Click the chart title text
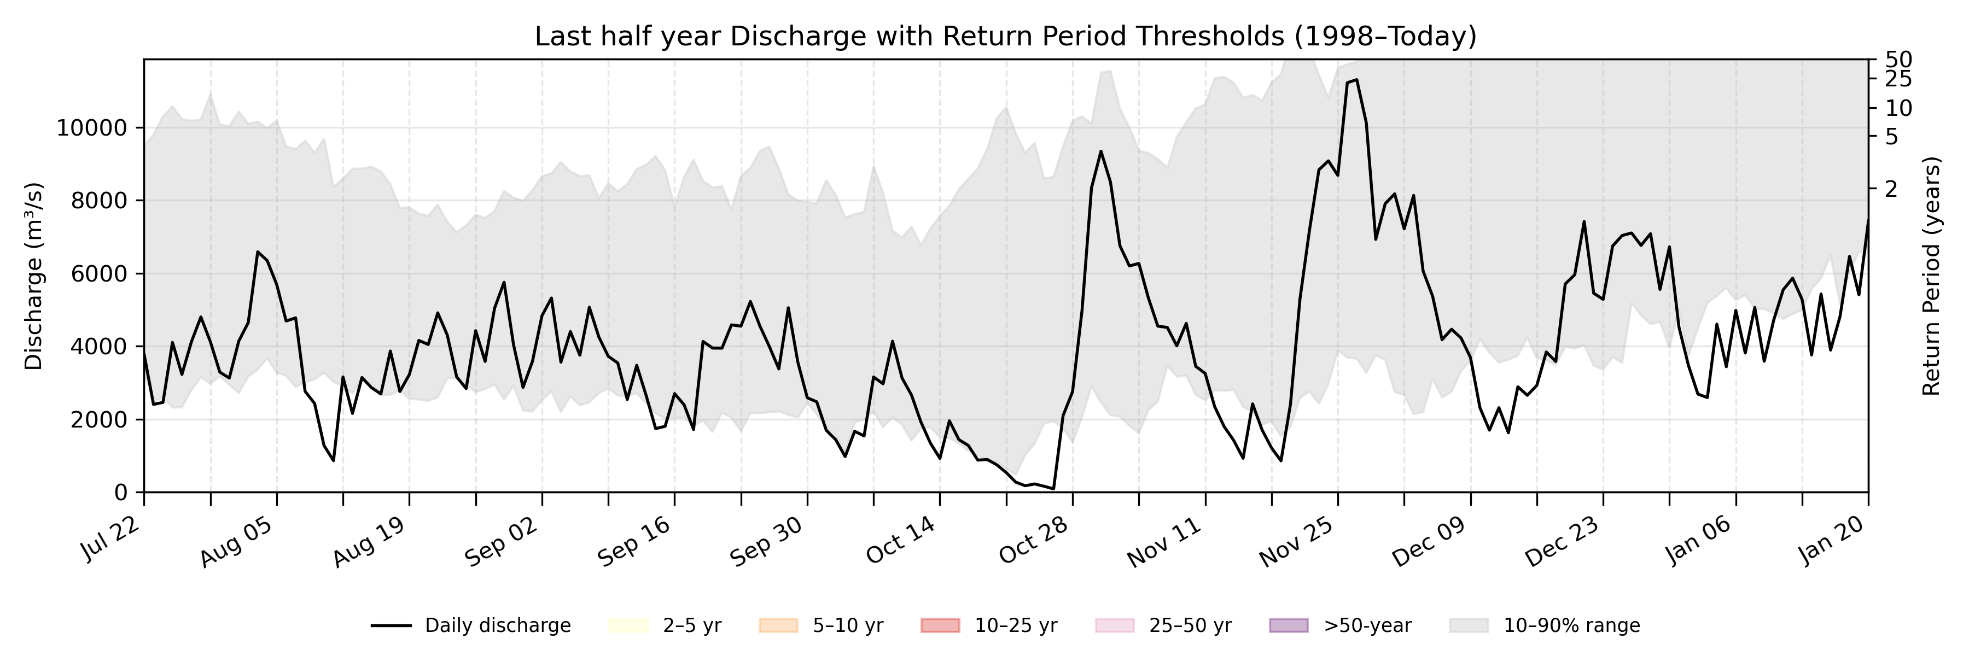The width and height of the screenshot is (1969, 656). pyautogui.click(x=1005, y=36)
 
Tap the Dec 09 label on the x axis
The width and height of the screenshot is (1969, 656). pyautogui.click(x=1428, y=541)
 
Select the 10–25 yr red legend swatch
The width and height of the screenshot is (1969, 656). pyautogui.click(x=940, y=625)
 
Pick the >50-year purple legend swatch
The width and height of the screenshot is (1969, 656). pyautogui.click(x=1288, y=625)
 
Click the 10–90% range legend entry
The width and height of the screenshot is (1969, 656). pyautogui.click(x=1544, y=625)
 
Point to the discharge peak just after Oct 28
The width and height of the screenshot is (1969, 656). pyautogui.click(x=1100, y=151)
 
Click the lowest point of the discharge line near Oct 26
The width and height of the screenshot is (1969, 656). pyautogui.click(x=1053, y=489)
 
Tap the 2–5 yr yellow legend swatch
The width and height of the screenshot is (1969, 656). pyautogui.click(x=628, y=625)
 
